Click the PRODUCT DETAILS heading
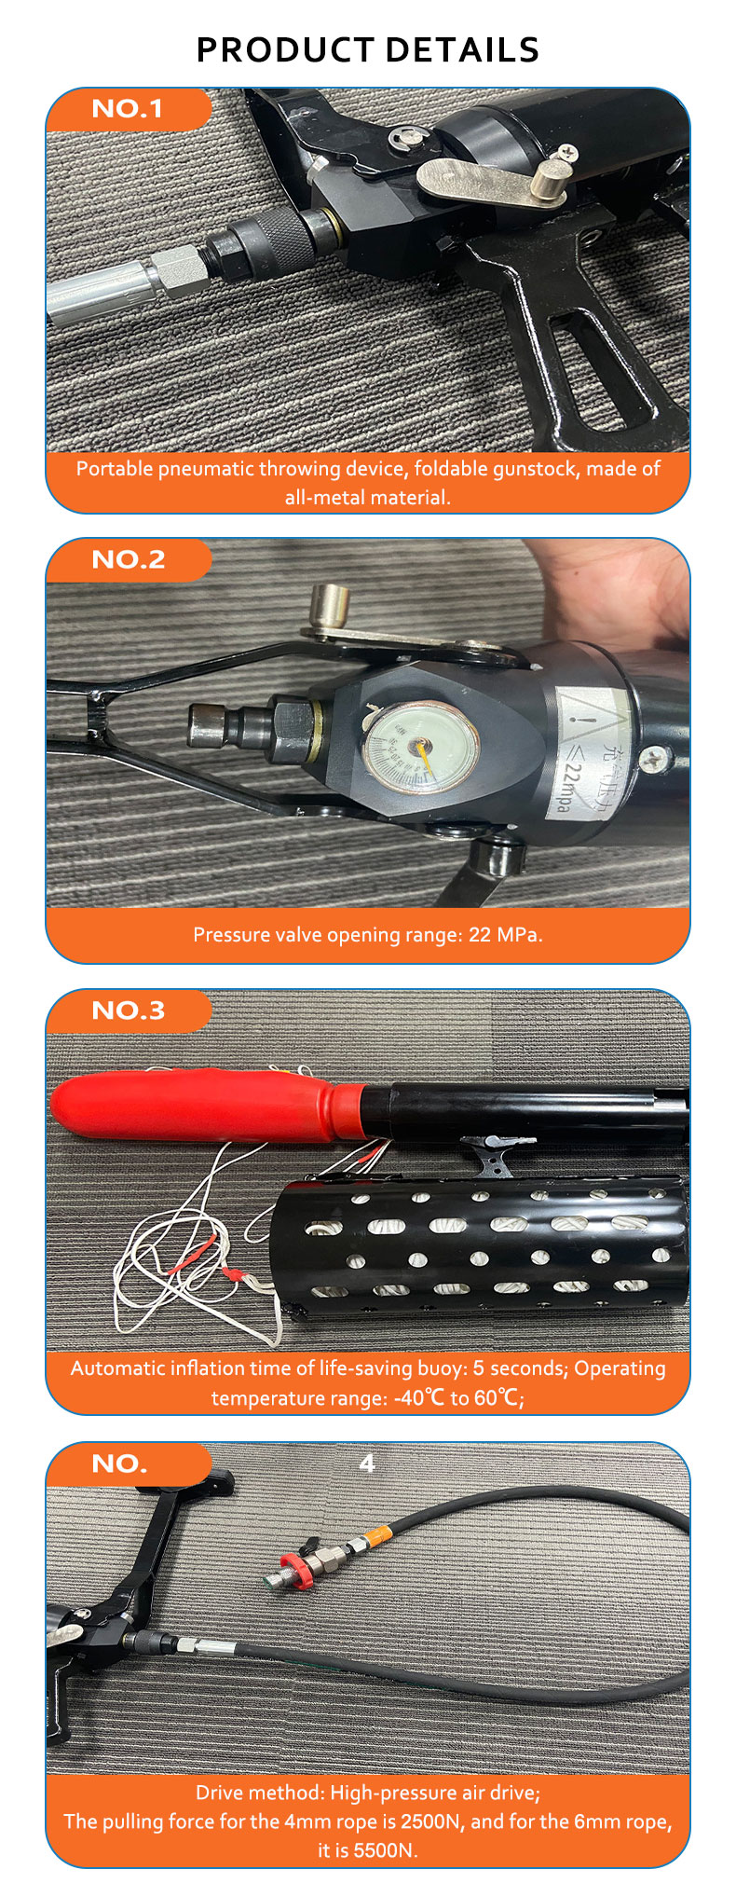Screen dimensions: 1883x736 point(368,49)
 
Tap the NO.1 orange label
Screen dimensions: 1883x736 point(128,109)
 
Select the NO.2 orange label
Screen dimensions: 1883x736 point(128,559)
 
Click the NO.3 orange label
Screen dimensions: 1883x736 point(128,1010)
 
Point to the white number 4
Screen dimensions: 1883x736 point(367,1464)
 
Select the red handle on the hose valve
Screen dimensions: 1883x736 point(291,1561)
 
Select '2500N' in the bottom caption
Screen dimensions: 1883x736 point(432,1821)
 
